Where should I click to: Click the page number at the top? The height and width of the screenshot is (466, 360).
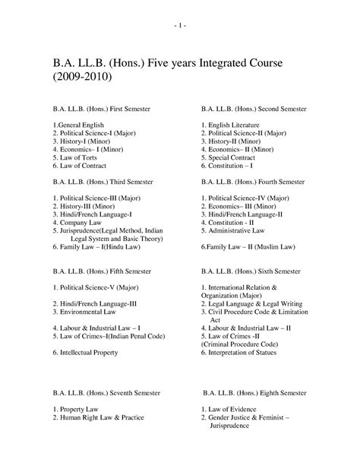[x=180, y=25]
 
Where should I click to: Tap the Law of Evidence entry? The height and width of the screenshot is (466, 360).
[x=235, y=409]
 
